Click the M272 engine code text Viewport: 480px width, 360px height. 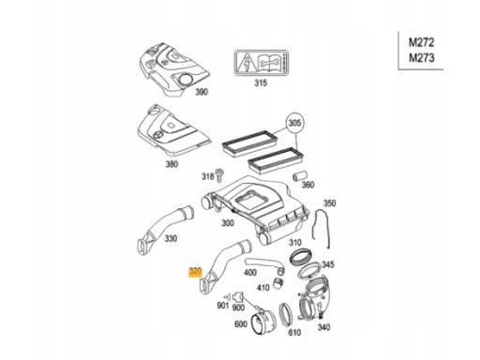point(422,42)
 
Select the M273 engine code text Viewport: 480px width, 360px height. point(422,58)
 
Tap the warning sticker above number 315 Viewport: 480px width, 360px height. point(262,63)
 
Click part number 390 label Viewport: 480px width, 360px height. point(202,92)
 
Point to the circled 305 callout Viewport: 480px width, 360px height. point(293,123)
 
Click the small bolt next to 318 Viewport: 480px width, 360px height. point(219,175)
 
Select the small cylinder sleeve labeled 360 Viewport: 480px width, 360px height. point(299,176)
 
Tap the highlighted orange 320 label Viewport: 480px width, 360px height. point(195,272)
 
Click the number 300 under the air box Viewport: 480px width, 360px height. point(228,223)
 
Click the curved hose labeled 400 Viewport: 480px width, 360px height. point(265,265)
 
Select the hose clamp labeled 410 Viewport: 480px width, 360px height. point(278,282)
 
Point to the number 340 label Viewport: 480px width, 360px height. point(323,327)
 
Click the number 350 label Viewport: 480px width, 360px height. point(329,203)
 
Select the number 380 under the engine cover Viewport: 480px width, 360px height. point(172,164)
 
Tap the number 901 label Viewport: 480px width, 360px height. point(223,306)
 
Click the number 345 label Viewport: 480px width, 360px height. point(327,264)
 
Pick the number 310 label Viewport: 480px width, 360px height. point(295,243)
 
